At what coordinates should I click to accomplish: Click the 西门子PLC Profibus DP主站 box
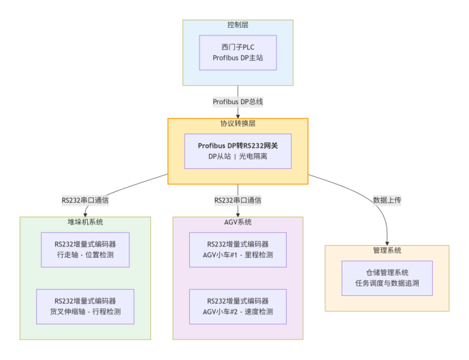[238, 52]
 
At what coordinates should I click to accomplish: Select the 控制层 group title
[238, 25]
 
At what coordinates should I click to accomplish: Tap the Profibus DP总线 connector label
[238, 101]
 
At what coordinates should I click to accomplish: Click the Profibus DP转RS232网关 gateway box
[238, 150]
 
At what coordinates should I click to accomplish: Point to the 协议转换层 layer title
[238, 124]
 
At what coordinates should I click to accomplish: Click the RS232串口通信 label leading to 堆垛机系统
[85, 200]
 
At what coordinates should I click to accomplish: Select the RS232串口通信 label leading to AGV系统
[238, 200]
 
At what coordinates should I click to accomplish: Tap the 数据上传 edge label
[387, 200]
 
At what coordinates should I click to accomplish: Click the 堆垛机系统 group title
[85, 222]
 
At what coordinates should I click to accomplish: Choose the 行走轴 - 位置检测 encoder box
[85, 249]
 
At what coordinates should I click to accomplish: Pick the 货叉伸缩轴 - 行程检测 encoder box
[85, 306]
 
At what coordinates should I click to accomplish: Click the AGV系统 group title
[238, 222]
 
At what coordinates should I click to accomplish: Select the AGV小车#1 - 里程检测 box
[238, 249]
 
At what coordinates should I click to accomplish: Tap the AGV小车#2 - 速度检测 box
[238, 306]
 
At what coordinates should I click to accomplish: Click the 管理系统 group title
[387, 250]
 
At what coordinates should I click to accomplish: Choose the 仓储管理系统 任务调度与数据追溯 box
[387, 278]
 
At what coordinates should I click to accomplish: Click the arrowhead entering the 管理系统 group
[387, 242]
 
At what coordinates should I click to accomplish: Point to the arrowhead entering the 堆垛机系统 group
[85, 214]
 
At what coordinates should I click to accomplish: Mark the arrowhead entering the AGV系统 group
[238, 214]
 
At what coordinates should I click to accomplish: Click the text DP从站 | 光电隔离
[238, 157]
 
